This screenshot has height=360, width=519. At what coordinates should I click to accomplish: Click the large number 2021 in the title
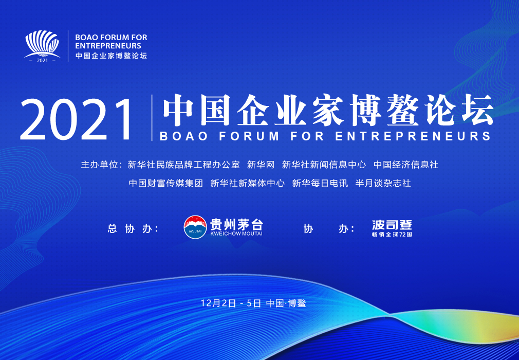pyautogui.click(x=77, y=120)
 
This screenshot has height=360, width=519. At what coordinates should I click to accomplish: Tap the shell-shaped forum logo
pyautogui.click(x=42, y=44)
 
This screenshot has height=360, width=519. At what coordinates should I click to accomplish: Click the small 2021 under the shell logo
pyautogui.click(x=42, y=61)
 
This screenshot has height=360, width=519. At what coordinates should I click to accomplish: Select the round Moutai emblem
pyautogui.click(x=195, y=227)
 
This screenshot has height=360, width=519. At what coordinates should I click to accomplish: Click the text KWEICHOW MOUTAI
pyautogui.click(x=236, y=234)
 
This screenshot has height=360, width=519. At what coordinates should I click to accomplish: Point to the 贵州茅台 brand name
pyautogui.click(x=236, y=224)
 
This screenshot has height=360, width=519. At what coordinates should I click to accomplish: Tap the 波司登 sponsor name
pyautogui.click(x=392, y=225)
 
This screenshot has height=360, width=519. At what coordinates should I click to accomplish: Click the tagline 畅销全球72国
pyautogui.click(x=392, y=235)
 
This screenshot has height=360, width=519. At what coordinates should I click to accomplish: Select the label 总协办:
pyautogui.click(x=133, y=228)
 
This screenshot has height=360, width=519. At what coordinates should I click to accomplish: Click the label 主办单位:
pyautogui.click(x=102, y=165)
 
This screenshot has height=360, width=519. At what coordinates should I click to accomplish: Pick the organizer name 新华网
pyautogui.click(x=261, y=165)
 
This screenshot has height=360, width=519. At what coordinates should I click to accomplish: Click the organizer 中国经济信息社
pyautogui.click(x=406, y=165)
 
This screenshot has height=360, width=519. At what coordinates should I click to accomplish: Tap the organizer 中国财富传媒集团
pyautogui.click(x=166, y=183)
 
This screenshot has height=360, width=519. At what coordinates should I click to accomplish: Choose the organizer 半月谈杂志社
pyautogui.click(x=383, y=183)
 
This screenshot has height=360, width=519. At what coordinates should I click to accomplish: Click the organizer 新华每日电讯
pyautogui.click(x=320, y=183)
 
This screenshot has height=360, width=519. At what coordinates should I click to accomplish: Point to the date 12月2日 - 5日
pyautogui.click(x=231, y=303)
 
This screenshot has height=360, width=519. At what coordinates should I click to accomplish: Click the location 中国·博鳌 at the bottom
pyautogui.click(x=286, y=303)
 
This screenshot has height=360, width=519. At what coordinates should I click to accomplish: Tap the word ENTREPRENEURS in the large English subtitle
pyautogui.click(x=413, y=136)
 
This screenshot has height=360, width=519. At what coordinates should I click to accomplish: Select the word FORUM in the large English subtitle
pyautogui.click(x=249, y=136)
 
